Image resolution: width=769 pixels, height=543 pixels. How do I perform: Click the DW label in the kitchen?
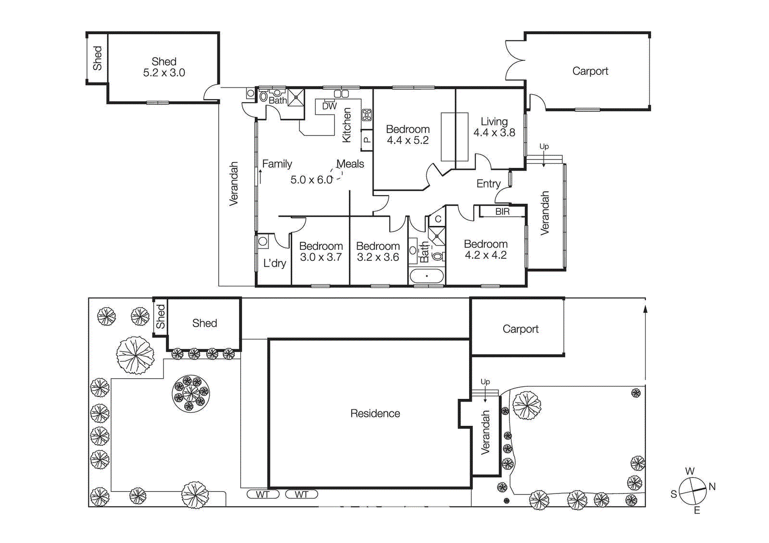coord(329,106)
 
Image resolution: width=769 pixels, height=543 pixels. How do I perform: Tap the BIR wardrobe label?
coord(502,211)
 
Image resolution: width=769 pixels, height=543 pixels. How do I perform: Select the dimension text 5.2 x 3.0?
coord(164,73)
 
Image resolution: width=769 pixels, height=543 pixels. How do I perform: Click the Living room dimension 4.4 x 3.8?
coord(494,133)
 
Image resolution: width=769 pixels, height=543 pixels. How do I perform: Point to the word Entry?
coord(488,184)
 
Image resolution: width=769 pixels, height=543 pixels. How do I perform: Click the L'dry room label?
coord(274,263)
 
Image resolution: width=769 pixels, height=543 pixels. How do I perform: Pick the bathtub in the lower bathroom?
coord(426,276)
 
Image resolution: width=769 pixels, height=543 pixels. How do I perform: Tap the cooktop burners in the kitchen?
coord(367,115)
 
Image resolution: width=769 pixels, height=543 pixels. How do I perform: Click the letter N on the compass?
coord(712,486)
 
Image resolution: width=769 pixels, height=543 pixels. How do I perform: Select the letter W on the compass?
coord(690,471)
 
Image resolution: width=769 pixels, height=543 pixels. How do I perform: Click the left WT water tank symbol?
coord(262,494)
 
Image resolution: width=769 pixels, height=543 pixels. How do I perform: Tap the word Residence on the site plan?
coord(375,413)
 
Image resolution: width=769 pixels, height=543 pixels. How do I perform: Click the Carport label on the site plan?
coord(520,329)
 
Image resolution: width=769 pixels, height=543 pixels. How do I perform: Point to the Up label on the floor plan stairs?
coord(544,147)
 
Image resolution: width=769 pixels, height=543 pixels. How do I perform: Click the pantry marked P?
coord(367,140)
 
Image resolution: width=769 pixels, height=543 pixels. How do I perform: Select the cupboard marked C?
coord(438,219)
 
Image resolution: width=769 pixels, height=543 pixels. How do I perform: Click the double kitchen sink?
coord(341,94)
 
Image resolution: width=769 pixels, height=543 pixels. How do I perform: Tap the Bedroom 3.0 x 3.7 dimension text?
coord(321,258)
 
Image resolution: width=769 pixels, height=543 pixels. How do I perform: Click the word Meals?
coord(350,164)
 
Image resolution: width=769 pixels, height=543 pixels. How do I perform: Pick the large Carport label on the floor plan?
coord(590,71)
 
